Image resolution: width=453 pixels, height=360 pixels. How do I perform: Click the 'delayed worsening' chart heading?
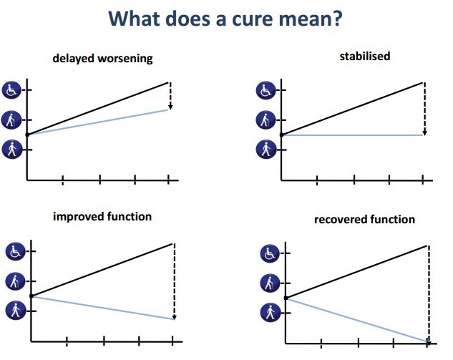point(102,59)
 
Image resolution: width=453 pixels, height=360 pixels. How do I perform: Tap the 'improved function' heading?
point(102,216)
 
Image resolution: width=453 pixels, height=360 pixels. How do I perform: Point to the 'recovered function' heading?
point(364,219)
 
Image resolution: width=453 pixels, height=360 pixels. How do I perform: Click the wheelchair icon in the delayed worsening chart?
point(11,90)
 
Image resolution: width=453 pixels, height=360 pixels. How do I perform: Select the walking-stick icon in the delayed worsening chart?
point(11,120)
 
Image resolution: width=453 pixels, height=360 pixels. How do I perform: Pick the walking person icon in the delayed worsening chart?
point(11,149)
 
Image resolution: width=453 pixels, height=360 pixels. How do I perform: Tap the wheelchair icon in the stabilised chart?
point(265,91)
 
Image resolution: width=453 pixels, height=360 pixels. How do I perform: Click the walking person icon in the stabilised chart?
point(265,149)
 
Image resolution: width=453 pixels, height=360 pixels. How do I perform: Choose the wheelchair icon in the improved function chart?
point(15,251)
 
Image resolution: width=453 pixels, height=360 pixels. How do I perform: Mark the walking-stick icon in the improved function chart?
point(15,281)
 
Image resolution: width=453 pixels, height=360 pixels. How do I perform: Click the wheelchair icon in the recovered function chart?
point(270,253)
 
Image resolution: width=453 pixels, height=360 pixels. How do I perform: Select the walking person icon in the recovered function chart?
point(270,312)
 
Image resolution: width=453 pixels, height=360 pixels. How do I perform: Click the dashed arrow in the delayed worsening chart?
point(170,97)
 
